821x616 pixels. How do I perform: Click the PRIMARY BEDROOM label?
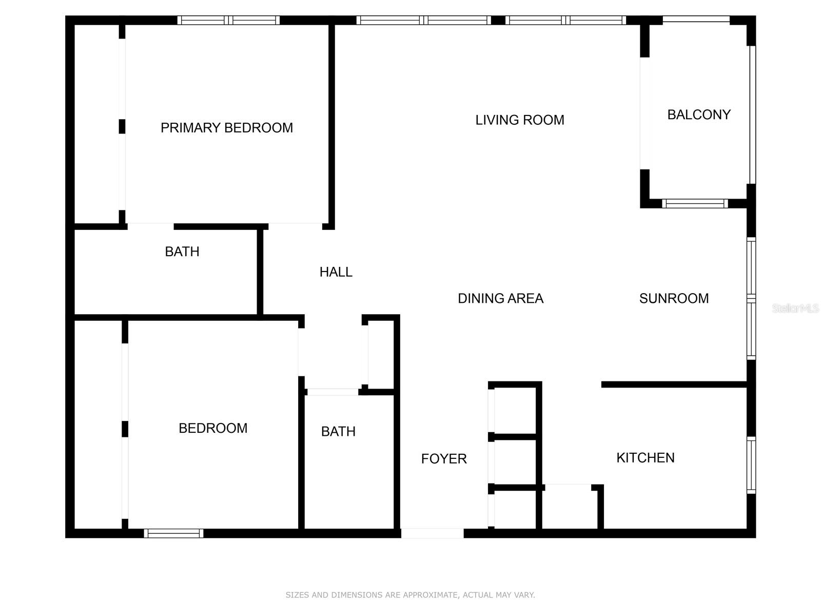tap(226, 128)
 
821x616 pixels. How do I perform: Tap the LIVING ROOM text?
tap(519, 120)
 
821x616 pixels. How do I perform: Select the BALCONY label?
tap(698, 114)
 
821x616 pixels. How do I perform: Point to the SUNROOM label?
tap(674, 298)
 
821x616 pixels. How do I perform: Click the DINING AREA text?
tap(500, 298)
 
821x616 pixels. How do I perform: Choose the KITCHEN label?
tap(645, 458)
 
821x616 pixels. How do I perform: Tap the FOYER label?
tap(444, 459)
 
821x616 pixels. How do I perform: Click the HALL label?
tap(336, 272)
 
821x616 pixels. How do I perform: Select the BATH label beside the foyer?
tap(338, 432)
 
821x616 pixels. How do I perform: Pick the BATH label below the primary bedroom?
tap(182, 252)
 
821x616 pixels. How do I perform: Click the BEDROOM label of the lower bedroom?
tap(212, 428)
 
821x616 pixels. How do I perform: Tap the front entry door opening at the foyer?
tap(432, 533)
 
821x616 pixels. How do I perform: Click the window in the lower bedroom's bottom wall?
tap(173, 533)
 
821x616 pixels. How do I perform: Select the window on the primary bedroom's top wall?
tap(229, 21)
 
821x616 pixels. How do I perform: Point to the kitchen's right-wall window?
tap(751, 465)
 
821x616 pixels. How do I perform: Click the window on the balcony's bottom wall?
tap(695, 203)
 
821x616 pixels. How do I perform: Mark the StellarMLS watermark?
tap(795, 308)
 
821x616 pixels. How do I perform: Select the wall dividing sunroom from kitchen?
tap(674, 384)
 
